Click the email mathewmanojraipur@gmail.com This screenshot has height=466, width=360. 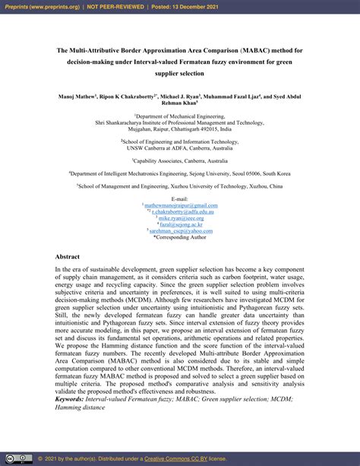[x=181, y=205]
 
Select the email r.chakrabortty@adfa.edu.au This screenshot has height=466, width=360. [x=182, y=211]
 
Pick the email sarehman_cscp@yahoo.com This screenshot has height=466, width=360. [x=181, y=230]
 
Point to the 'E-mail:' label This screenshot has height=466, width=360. [x=180, y=199]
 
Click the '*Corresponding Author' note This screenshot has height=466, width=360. [x=180, y=236]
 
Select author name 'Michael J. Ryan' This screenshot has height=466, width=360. [x=183, y=98]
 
